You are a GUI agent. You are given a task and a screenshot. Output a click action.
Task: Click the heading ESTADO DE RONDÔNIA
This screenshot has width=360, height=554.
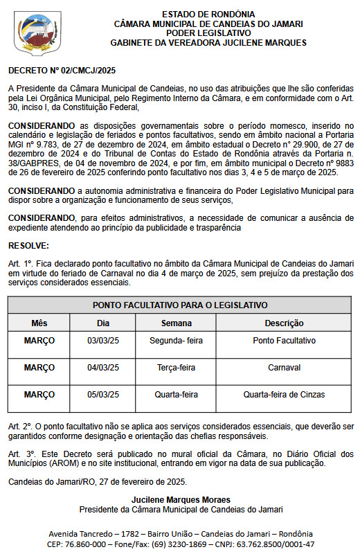(208, 14)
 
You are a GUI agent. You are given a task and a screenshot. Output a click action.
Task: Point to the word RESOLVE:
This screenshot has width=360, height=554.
(28, 246)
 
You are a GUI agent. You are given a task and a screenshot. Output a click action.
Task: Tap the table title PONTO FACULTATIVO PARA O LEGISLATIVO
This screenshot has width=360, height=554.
(180, 305)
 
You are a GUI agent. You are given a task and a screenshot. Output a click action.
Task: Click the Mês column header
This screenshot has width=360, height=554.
(39, 323)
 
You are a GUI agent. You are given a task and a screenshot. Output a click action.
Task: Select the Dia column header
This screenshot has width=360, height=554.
(103, 323)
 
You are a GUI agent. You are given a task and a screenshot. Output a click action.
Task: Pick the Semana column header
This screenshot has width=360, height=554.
(177, 323)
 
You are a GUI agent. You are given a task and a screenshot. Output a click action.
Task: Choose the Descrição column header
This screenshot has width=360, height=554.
(284, 323)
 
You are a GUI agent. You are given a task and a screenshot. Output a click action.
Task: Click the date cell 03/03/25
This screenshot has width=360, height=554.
(103, 341)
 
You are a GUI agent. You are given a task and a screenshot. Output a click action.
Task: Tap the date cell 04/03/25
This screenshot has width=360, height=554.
(103, 368)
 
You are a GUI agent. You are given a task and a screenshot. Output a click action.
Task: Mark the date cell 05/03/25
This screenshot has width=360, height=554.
(103, 395)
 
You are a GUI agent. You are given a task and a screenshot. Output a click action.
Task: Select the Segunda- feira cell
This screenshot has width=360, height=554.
(177, 341)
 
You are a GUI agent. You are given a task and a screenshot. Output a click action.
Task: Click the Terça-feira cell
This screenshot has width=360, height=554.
(177, 368)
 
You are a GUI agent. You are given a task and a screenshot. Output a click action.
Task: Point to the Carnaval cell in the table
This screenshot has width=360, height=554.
(284, 368)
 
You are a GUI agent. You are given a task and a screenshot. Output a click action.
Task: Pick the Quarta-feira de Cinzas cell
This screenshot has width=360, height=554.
(284, 395)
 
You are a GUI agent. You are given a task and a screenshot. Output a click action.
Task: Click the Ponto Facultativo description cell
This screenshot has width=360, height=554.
(284, 341)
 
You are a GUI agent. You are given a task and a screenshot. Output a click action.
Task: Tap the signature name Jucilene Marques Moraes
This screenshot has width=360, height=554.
(181, 499)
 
